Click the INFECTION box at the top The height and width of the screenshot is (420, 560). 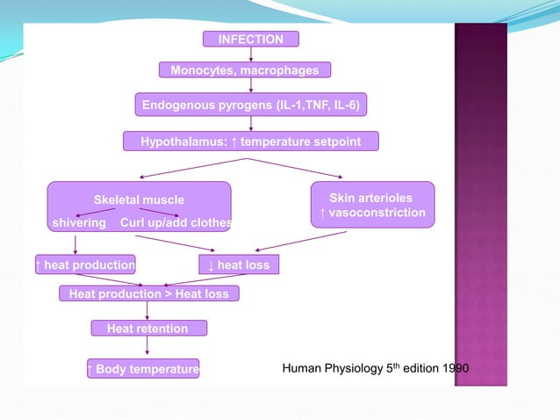click(x=250, y=39)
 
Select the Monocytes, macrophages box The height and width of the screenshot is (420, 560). click(x=245, y=70)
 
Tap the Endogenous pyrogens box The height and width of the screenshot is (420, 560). click(x=251, y=105)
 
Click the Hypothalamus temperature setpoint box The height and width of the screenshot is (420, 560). click(x=251, y=141)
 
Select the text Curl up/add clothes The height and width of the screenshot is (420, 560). click(x=176, y=222)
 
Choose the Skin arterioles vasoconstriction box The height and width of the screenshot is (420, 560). click(x=372, y=205)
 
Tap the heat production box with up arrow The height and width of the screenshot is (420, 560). click(x=85, y=264)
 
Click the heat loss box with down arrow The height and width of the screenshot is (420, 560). click(x=239, y=264)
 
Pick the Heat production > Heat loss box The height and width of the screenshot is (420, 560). click(x=148, y=293)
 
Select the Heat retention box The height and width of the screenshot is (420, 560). click(x=147, y=328)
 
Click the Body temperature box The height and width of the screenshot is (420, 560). click(x=142, y=367)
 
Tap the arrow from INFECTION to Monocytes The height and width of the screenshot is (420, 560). click(x=251, y=54)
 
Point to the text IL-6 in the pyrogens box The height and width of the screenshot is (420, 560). click(x=346, y=105)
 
